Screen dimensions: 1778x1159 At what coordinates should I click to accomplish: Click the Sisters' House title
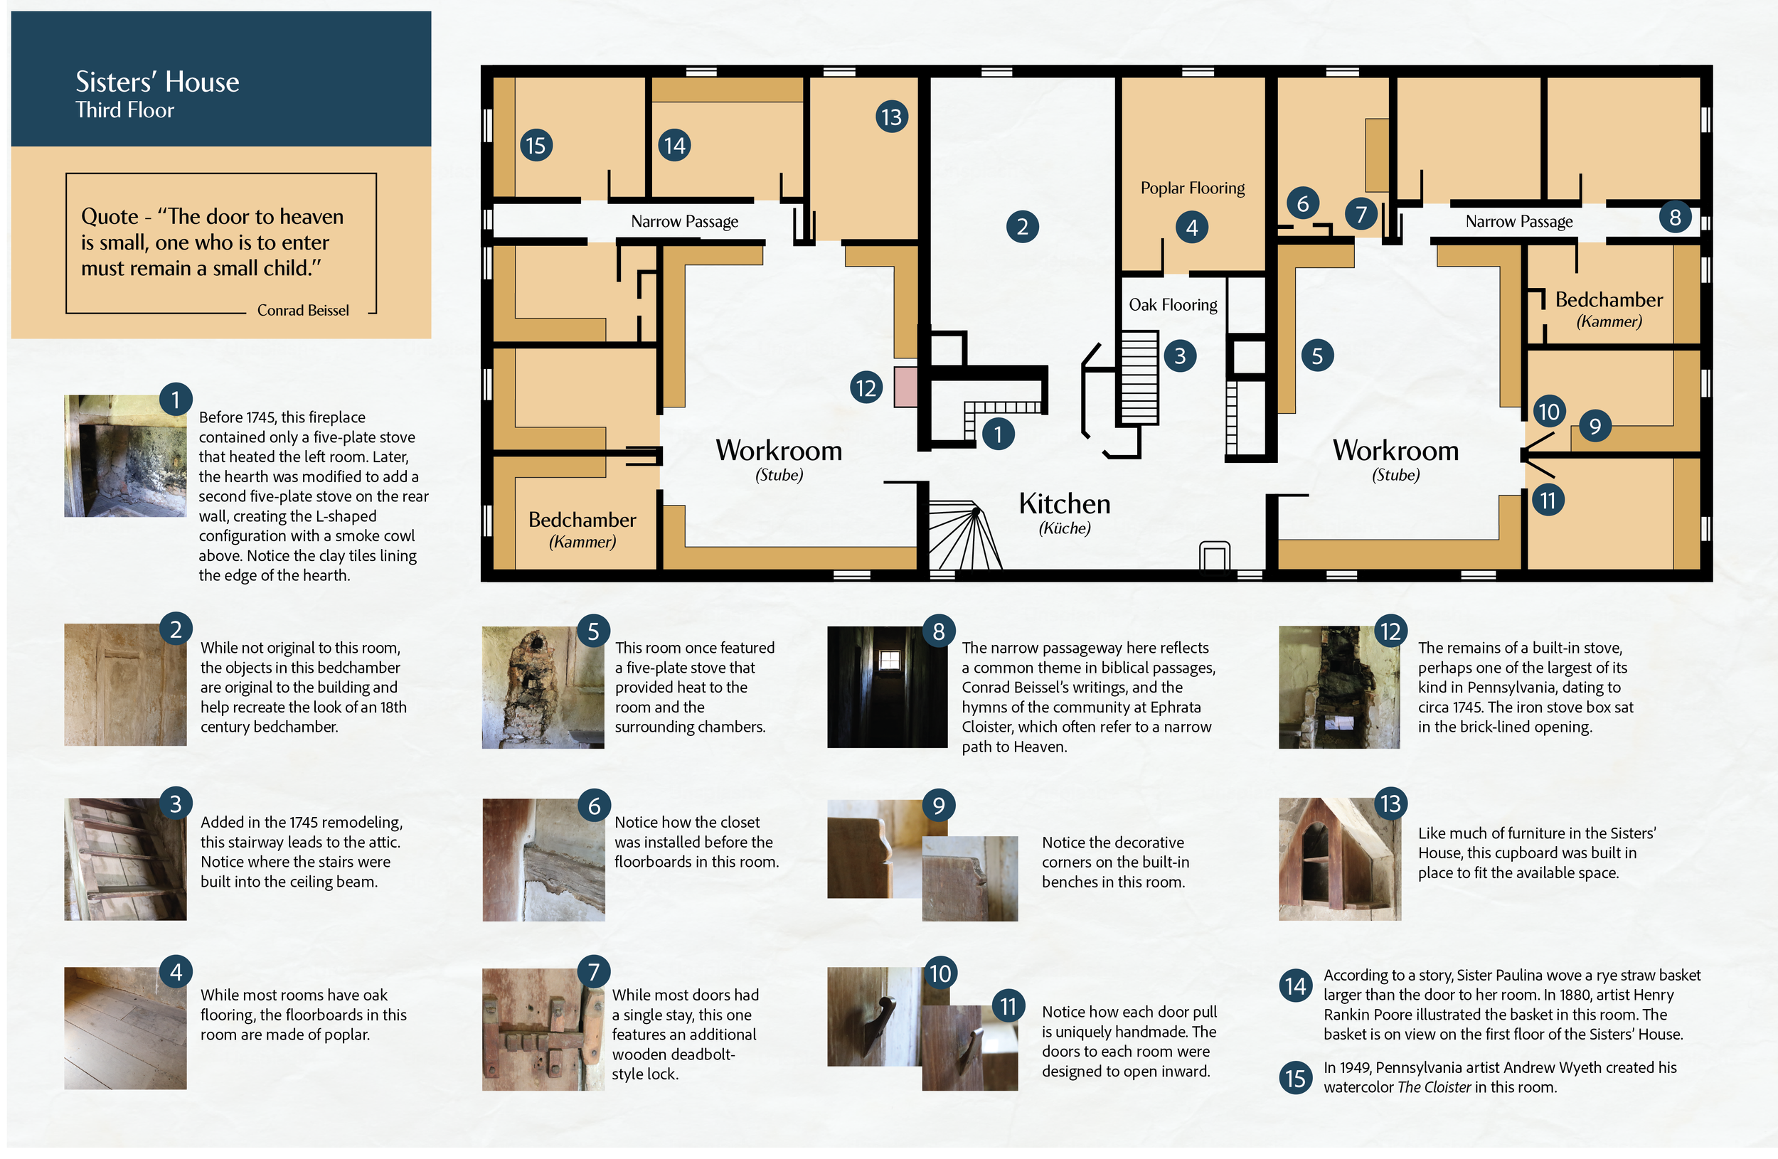157,81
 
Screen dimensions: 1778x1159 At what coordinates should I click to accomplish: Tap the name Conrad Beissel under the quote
302,310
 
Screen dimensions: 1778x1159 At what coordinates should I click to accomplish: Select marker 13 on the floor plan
891,117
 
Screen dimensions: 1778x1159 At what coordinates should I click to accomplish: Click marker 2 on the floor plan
1022,226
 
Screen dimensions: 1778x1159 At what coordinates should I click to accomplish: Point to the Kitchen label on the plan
1065,503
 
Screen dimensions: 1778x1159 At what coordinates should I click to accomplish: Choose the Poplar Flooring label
1192,188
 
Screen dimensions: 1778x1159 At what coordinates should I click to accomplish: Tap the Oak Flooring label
1173,305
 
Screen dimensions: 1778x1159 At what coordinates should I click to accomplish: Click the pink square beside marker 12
905,386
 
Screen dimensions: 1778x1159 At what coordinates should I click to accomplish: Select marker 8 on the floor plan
1675,217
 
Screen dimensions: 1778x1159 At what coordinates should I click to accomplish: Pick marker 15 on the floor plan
536,145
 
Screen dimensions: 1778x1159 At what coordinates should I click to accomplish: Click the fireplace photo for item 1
124,456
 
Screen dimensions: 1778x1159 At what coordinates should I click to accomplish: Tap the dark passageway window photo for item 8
888,687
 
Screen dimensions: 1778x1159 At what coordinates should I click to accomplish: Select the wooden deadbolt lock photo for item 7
543,1030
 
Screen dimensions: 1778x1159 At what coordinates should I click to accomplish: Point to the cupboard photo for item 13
1339,859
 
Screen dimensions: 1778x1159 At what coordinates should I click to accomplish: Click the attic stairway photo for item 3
124,859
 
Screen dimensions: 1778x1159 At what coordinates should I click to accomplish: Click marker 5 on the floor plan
1317,356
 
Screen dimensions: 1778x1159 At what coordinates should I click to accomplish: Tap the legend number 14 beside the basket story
1296,986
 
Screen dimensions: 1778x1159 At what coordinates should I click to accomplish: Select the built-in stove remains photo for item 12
1339,687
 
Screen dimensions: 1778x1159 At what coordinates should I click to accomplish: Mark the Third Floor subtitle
124,110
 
